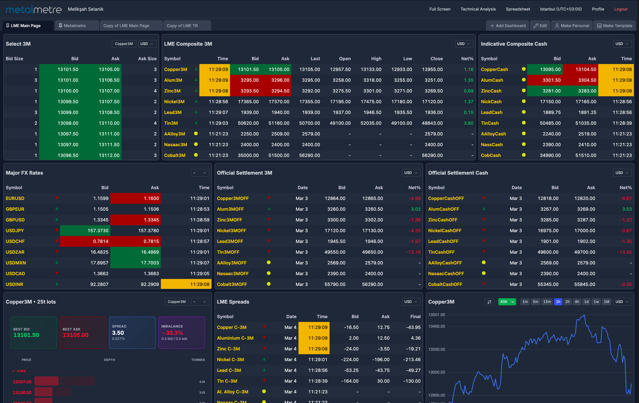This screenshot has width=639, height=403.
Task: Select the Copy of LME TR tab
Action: [182, 26]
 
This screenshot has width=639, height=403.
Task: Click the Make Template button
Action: [615, 26]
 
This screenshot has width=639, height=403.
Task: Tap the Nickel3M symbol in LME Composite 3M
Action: [174, 102]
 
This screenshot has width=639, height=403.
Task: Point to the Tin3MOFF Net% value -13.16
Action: [413, 252]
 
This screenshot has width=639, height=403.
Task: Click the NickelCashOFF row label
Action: [445, 231]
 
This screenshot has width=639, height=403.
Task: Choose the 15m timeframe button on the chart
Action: [547, 302]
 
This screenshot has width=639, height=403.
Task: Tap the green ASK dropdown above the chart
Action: [507, 302]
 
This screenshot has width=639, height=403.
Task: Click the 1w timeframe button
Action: [596, 302]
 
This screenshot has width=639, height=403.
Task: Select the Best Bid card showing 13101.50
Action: [33, 333]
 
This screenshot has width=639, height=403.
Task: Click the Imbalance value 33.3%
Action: [174, 333]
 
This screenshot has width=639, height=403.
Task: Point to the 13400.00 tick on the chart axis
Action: [437, 326]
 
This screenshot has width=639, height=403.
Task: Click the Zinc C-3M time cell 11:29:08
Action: [318, 349]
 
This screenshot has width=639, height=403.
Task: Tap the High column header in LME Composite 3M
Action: [376, 59]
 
